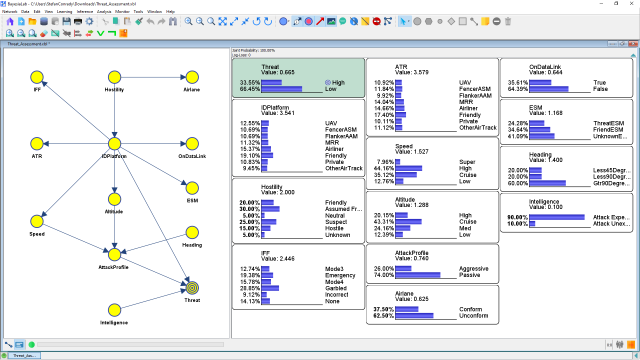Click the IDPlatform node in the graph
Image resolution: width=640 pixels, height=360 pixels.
114,142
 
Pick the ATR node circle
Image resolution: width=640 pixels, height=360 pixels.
37,142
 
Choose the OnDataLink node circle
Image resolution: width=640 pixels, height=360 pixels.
191,142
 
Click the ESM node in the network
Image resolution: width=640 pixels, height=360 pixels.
191,187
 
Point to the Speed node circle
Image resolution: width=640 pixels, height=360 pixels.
37,220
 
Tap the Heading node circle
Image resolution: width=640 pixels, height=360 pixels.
191,231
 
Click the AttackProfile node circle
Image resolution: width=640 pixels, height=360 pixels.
114,253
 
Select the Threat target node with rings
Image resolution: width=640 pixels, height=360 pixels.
191,287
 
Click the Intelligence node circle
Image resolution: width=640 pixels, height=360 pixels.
114,309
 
